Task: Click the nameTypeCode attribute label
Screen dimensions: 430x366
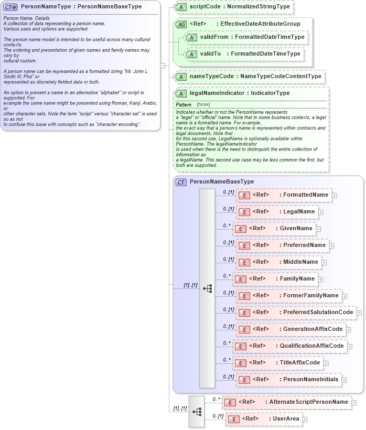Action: point(211,77)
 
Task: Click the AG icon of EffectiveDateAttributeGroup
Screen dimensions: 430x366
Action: point(181,24)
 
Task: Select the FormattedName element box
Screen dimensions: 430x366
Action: point(283,195)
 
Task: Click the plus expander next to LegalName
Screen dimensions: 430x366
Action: point(321,212)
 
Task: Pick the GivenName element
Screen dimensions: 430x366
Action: point(274,229)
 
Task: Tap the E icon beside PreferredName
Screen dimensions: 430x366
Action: point(244,245)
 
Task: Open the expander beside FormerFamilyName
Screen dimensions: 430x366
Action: point(345,296)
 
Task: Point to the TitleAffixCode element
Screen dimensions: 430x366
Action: point(277,363)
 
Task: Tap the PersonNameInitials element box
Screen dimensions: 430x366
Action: point(289,380)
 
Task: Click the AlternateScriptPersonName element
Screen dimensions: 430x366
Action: point(287,402)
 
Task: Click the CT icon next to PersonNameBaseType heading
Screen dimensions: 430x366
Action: point(181,182)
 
